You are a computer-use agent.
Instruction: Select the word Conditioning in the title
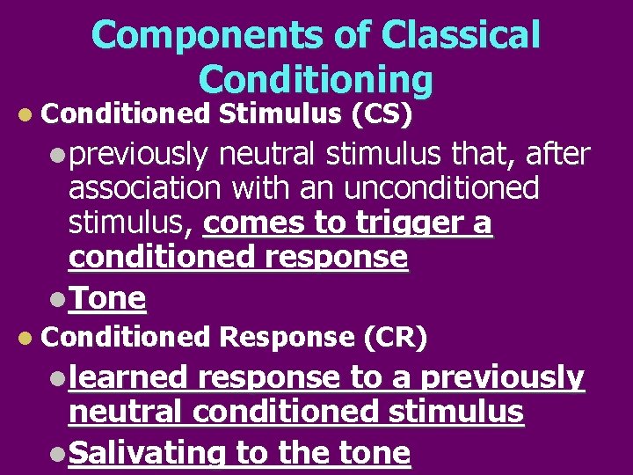click(x=316, y=79)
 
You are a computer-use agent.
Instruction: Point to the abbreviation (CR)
click(x=395, y=336)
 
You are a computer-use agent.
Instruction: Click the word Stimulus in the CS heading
click(x=280, y=113)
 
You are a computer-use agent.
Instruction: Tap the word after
click(x=557, y=154)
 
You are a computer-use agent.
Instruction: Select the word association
click(x=149, y=188)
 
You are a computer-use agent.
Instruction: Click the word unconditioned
click(x=440, y=188)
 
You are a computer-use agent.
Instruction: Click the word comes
click(x=247, y=223)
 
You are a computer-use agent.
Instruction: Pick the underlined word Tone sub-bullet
click(x=107, y=298)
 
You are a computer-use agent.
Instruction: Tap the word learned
click(x=128, y=377)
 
